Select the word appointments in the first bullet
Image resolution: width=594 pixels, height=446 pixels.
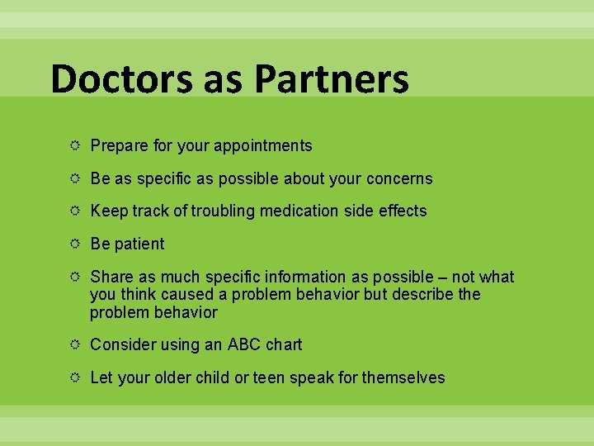[x=262, y=146]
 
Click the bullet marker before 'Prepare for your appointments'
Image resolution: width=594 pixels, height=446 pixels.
[x=75, y=145]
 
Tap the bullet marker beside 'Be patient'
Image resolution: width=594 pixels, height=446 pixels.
[x=75, y=244]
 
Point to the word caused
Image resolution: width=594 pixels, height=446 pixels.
[x=191, y=295]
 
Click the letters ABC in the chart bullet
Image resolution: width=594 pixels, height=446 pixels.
[x=244, y=344]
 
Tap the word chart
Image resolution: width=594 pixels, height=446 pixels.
[x=284, y=344]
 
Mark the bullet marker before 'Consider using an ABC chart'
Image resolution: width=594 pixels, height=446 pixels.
[x=75, y=344]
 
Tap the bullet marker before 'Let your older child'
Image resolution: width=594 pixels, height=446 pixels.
[x=75, y=377]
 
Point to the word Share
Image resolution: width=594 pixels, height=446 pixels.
[x=110, y=278]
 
